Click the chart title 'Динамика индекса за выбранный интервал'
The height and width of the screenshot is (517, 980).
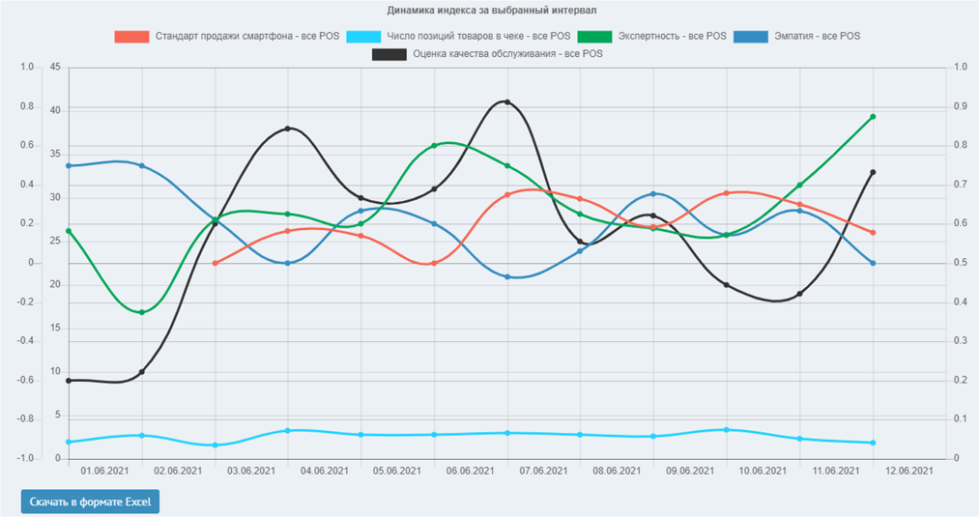pos(490,11)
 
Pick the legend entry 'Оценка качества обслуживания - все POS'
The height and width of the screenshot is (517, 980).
pos(488,54)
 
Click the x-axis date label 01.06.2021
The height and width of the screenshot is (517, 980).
pos(105,471)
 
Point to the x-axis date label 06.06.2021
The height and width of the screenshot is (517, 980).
pos(471,471)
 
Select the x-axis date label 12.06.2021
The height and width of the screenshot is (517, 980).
pos(909,471)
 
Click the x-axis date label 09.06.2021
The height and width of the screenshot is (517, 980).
pos(690,471)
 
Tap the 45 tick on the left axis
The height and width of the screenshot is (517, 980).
pos(55,67)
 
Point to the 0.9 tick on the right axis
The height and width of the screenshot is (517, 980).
pos(960,106)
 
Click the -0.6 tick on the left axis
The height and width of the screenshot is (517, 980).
pos(25,380)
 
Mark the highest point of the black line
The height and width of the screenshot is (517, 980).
pos(507,101)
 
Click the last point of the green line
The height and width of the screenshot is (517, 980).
pos(873,117)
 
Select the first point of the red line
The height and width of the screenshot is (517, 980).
pos(215,263)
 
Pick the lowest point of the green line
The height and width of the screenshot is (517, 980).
pos(142,312)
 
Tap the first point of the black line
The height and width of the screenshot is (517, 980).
pos(69,381)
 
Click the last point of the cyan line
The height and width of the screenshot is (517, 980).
pos(873,443)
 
